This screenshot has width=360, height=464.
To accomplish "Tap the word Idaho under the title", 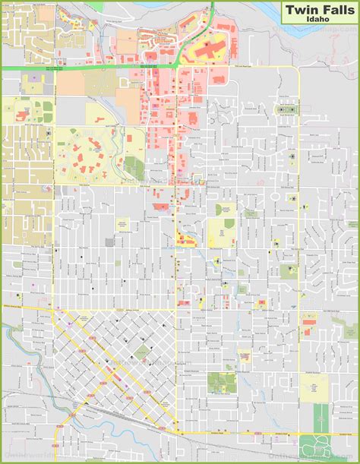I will click(319, 21).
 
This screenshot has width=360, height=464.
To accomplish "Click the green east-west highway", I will click(76, 69).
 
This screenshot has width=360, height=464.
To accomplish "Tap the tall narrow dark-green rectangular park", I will click(320, 414).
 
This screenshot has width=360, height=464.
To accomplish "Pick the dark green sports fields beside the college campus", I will click(134, 168).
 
